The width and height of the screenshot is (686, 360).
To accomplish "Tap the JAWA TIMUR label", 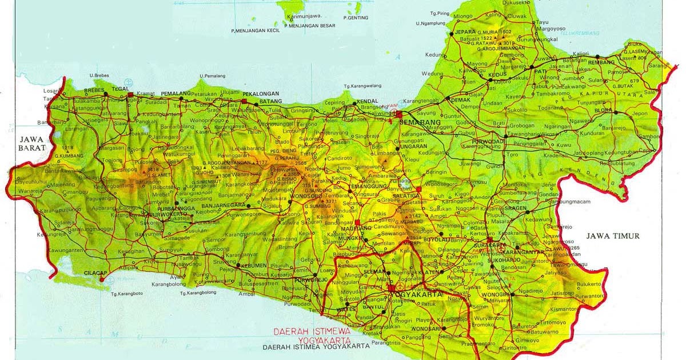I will point(613,236).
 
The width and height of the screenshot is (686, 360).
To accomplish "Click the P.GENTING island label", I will point(356,18).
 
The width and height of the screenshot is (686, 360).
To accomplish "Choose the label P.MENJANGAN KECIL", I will point(256,30).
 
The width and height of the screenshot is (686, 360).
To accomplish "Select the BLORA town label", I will point(603,110).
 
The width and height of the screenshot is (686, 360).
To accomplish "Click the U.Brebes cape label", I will point(99,75).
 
